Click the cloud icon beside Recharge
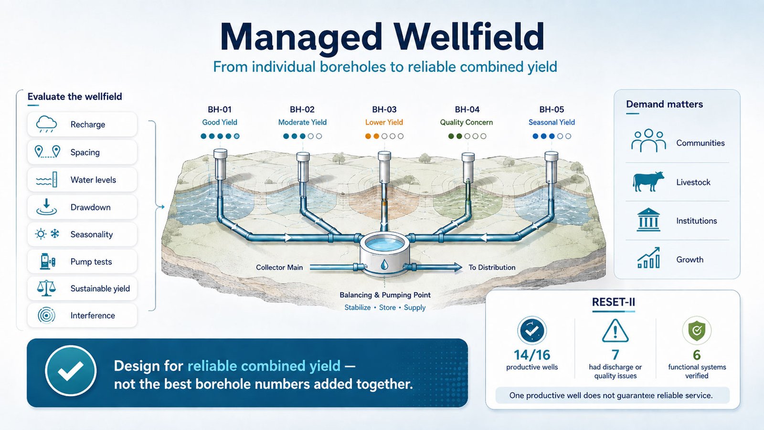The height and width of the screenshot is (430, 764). pyautogui.click(x=46, y=124)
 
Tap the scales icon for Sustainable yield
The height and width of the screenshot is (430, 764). pyautogui.click(x=46, y=288)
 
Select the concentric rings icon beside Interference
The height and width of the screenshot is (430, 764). pyautogui.click(x=46, y=315)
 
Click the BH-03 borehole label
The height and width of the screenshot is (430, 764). pyautogui.click(x=384, y=109)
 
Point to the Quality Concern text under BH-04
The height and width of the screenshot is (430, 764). pyautogui.click(x=466, y=122)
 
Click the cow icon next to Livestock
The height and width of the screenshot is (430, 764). pyautogui.click(x=648, y=181)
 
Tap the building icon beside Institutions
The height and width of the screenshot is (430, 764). pyautogui.click(x=648, y=220)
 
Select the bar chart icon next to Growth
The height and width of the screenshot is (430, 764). pyautogui.click(x=648, y=258)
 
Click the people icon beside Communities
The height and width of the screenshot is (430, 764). pyautogui.click(x=648, y=140)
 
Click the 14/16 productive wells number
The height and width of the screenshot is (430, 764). pyautogui.click(x=532, y=355)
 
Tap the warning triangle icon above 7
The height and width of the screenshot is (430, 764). pyautogui.click(x=615, y=330)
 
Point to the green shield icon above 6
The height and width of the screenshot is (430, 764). pyautogui.click(x=697, y=330)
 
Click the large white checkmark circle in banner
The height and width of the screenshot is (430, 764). pyautogui.click(x=71, y=371)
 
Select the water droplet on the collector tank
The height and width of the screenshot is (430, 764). pyautogui.click(x=384, y=264)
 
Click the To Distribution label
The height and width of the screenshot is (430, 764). pyautogui.click(x=492, y=267)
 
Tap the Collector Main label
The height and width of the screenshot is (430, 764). pyautogui.click(x=279, y=267)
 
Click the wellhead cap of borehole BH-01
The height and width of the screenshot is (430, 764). pyautogui.click(x=220, y=154)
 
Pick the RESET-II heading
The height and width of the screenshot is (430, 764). pyautogui.click(x=613, y=302)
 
